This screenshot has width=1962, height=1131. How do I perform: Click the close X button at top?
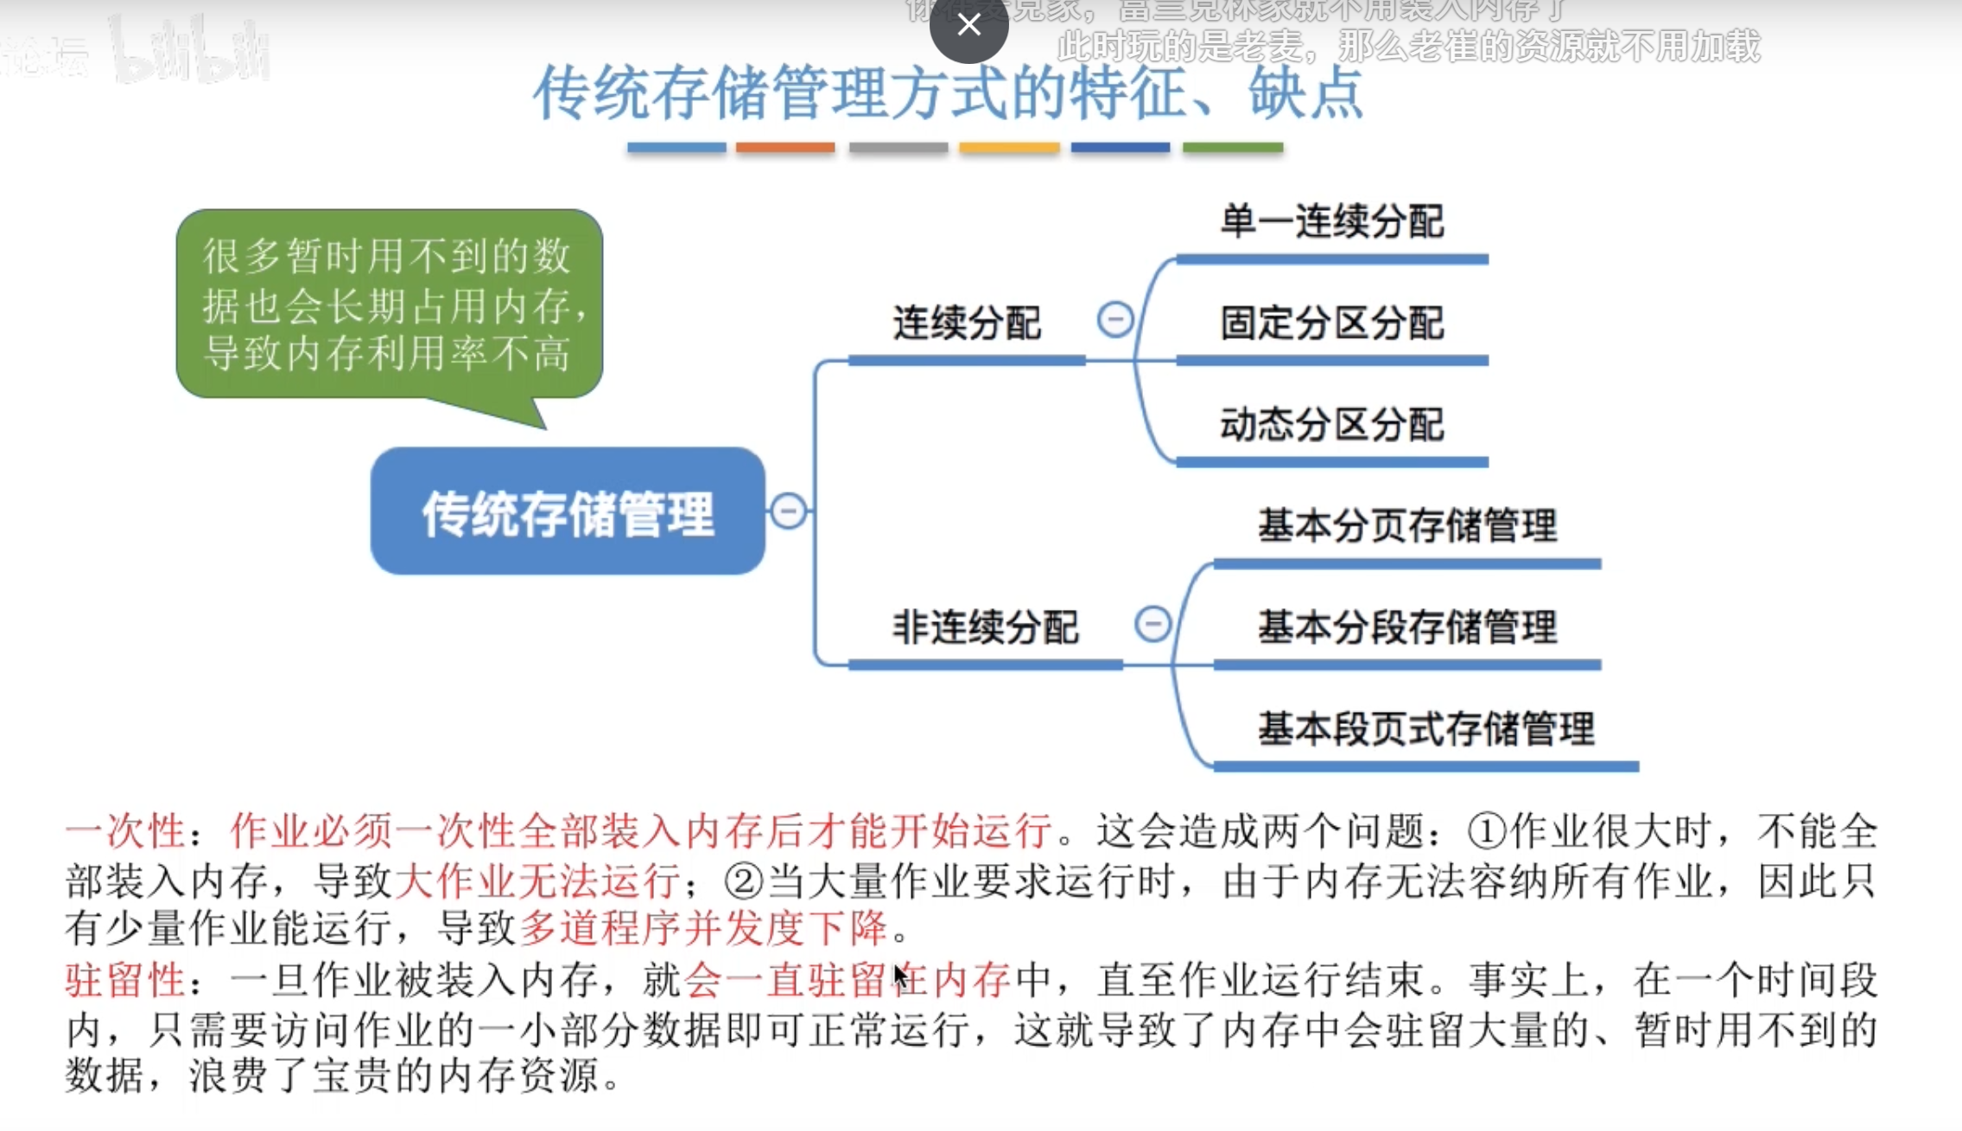tap(968, 26)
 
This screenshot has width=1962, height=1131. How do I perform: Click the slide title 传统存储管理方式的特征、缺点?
tap(948, 92)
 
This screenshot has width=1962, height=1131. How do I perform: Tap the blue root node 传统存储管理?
tap(568, 512)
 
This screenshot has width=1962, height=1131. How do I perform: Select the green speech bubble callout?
tap(389, 305)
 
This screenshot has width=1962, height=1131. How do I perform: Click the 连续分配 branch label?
tap(966, 324)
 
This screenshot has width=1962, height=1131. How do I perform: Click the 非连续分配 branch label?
tap(985, 627)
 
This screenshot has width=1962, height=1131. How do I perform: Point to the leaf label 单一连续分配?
tap(1331, 222)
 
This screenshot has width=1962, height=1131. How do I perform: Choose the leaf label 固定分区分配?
tap(1331, 324)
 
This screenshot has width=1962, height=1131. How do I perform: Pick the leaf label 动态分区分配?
tap(1331, 425)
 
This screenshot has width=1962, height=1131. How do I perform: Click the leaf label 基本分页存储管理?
tap(1407, 526)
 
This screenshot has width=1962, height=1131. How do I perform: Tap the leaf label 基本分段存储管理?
tap(1407, 627)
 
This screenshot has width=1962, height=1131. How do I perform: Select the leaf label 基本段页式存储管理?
tap(1425, 729)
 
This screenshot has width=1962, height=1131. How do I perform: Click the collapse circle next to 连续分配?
tap(1115, 320)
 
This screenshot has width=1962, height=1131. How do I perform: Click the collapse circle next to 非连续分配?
tap(1152, 624)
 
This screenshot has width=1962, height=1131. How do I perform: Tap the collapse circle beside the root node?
tap(788, 511)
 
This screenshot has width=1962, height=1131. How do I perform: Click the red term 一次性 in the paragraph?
tap(125, 832)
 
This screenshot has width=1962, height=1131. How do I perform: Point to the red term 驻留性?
tap(125, 981)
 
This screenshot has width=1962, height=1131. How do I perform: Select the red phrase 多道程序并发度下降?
tap(703, 929)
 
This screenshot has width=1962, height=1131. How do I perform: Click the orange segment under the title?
tap(785, 148)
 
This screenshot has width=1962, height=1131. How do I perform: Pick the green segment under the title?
tap(1233, 148)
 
